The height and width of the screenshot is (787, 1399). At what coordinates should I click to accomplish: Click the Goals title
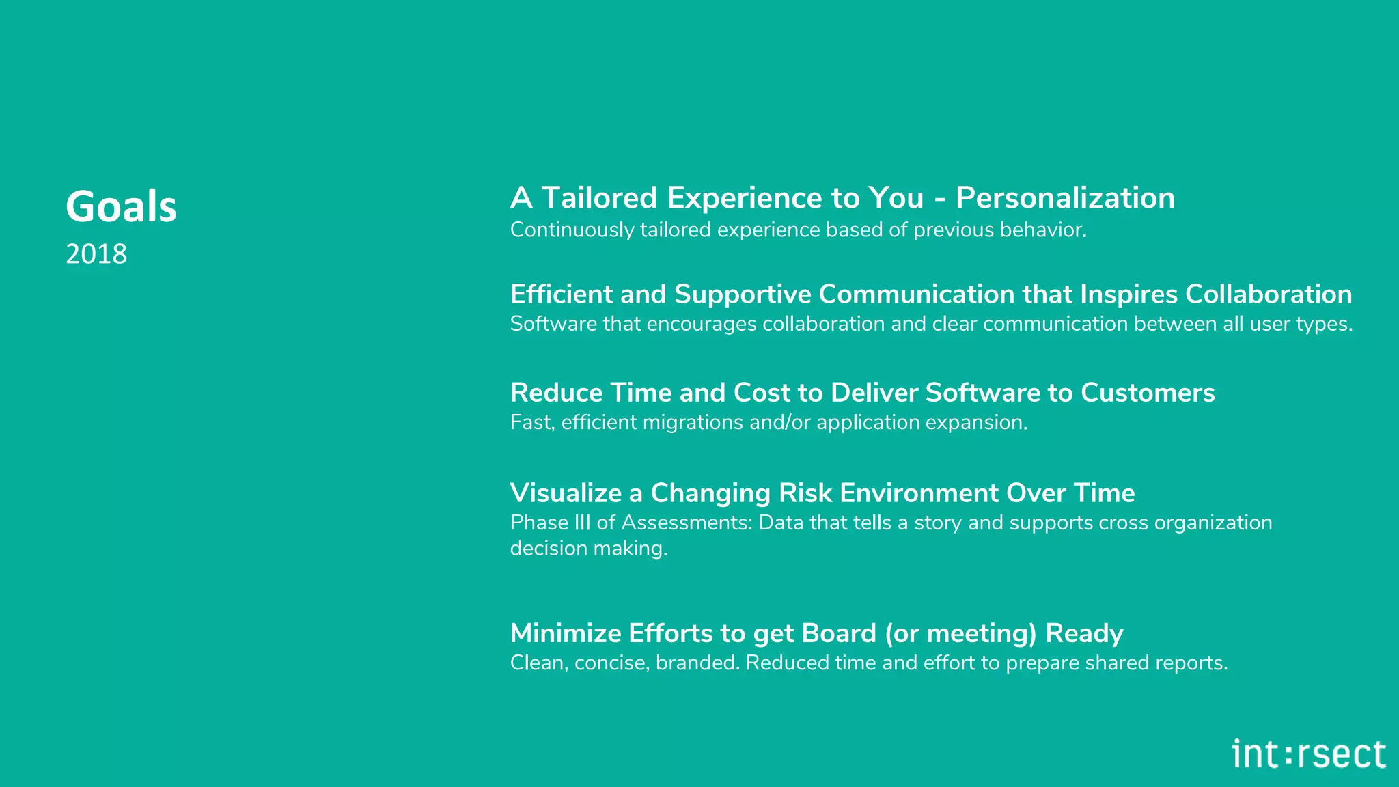click(121, 207)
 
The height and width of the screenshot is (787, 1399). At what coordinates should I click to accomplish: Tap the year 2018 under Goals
click(96, 255)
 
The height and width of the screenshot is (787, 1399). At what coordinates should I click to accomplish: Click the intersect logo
click(1309, 754)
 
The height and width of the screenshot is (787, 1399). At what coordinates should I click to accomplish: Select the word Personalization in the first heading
click(1065, 199)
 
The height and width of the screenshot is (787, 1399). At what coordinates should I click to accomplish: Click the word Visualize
click(566, 493)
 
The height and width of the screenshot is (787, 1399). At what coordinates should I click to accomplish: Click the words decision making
click(588, 549)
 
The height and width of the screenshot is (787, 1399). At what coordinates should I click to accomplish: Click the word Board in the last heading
click(838, 634)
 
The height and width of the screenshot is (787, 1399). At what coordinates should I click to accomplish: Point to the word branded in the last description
click(697, 663)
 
